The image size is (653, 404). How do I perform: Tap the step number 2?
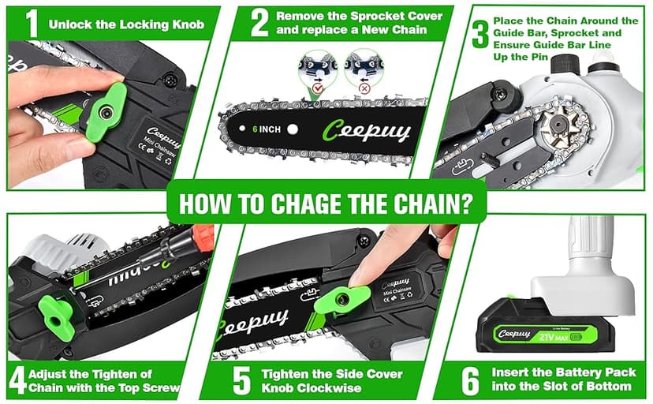(259, 23)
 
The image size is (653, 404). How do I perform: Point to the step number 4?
(18, 380)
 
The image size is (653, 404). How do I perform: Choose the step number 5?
(241, 380)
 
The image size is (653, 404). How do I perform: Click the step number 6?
(470, 380)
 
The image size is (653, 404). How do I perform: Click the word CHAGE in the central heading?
(315, 204)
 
